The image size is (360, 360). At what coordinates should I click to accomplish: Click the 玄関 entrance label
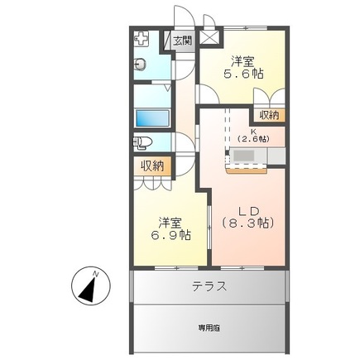tap(182, 41)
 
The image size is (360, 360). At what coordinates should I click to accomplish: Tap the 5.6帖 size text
tap(243, 74)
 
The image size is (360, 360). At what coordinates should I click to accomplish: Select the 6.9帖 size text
tap(170, 235)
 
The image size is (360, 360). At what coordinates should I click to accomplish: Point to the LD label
tap(248, 212)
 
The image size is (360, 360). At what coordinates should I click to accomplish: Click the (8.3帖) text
tap(248, 223)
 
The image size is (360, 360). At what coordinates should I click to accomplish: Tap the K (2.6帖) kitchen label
tap(253, 136)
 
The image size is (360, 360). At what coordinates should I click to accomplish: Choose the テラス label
tap(209, 286)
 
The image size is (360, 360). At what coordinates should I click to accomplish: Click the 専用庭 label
tap(209, 329)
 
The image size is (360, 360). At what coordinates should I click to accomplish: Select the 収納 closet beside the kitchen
tap(269, 115)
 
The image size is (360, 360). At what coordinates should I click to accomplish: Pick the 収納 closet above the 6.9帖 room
tap(152, 166)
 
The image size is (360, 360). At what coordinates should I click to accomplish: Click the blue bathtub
tap(152, 118)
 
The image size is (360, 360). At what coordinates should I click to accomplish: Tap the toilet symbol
tap(142, 143)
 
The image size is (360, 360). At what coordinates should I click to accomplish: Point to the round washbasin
tap(141, 65)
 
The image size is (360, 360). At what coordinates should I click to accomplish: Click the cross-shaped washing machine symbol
tap(141, 39)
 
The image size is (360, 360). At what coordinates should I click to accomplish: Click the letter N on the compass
tap(96, 274)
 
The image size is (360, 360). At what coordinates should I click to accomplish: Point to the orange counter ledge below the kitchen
tap(247, 171)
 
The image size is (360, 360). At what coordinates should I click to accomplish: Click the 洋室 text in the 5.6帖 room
tap(242, 62)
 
